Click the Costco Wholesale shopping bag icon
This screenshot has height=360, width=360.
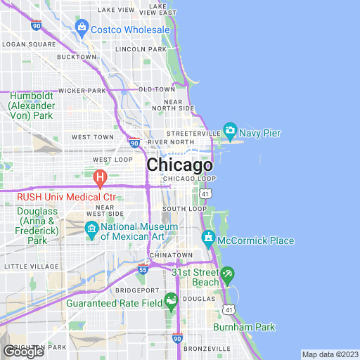(x=82, y=30)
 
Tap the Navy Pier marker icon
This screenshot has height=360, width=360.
(x=230, y=131)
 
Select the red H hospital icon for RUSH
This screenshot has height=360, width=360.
(x=100, y=176)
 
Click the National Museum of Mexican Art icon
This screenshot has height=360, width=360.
(x=91, y=229)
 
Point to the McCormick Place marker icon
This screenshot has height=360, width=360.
(x=210, y=240)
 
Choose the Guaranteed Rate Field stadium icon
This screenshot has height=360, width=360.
(x=171, y=304)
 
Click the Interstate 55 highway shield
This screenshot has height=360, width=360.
(x=143, y=269)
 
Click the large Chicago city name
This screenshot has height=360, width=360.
(x=179, y=166)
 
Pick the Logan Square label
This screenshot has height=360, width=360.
(x=29, y=44)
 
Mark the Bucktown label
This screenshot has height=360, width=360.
(x=76, y=56)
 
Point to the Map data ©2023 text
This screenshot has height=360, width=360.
(x=329, y=354)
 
